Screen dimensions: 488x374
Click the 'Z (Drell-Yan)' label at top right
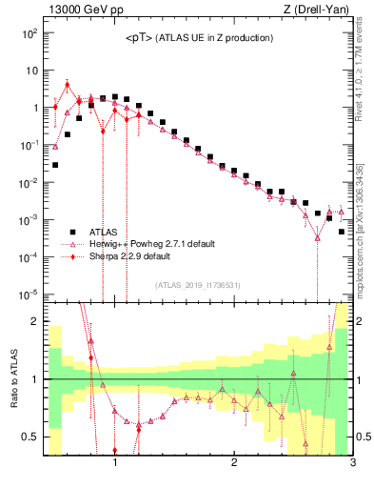coord(319,10)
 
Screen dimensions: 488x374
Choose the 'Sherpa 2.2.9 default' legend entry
coord(144,255)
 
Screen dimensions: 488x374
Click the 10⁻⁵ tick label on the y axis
coord(29,294)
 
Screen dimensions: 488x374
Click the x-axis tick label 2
coord(234,464)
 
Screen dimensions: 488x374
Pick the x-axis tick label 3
coord(352,464)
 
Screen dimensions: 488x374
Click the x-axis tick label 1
coord(115,464)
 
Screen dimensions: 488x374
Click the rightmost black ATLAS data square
coord(341,231)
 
